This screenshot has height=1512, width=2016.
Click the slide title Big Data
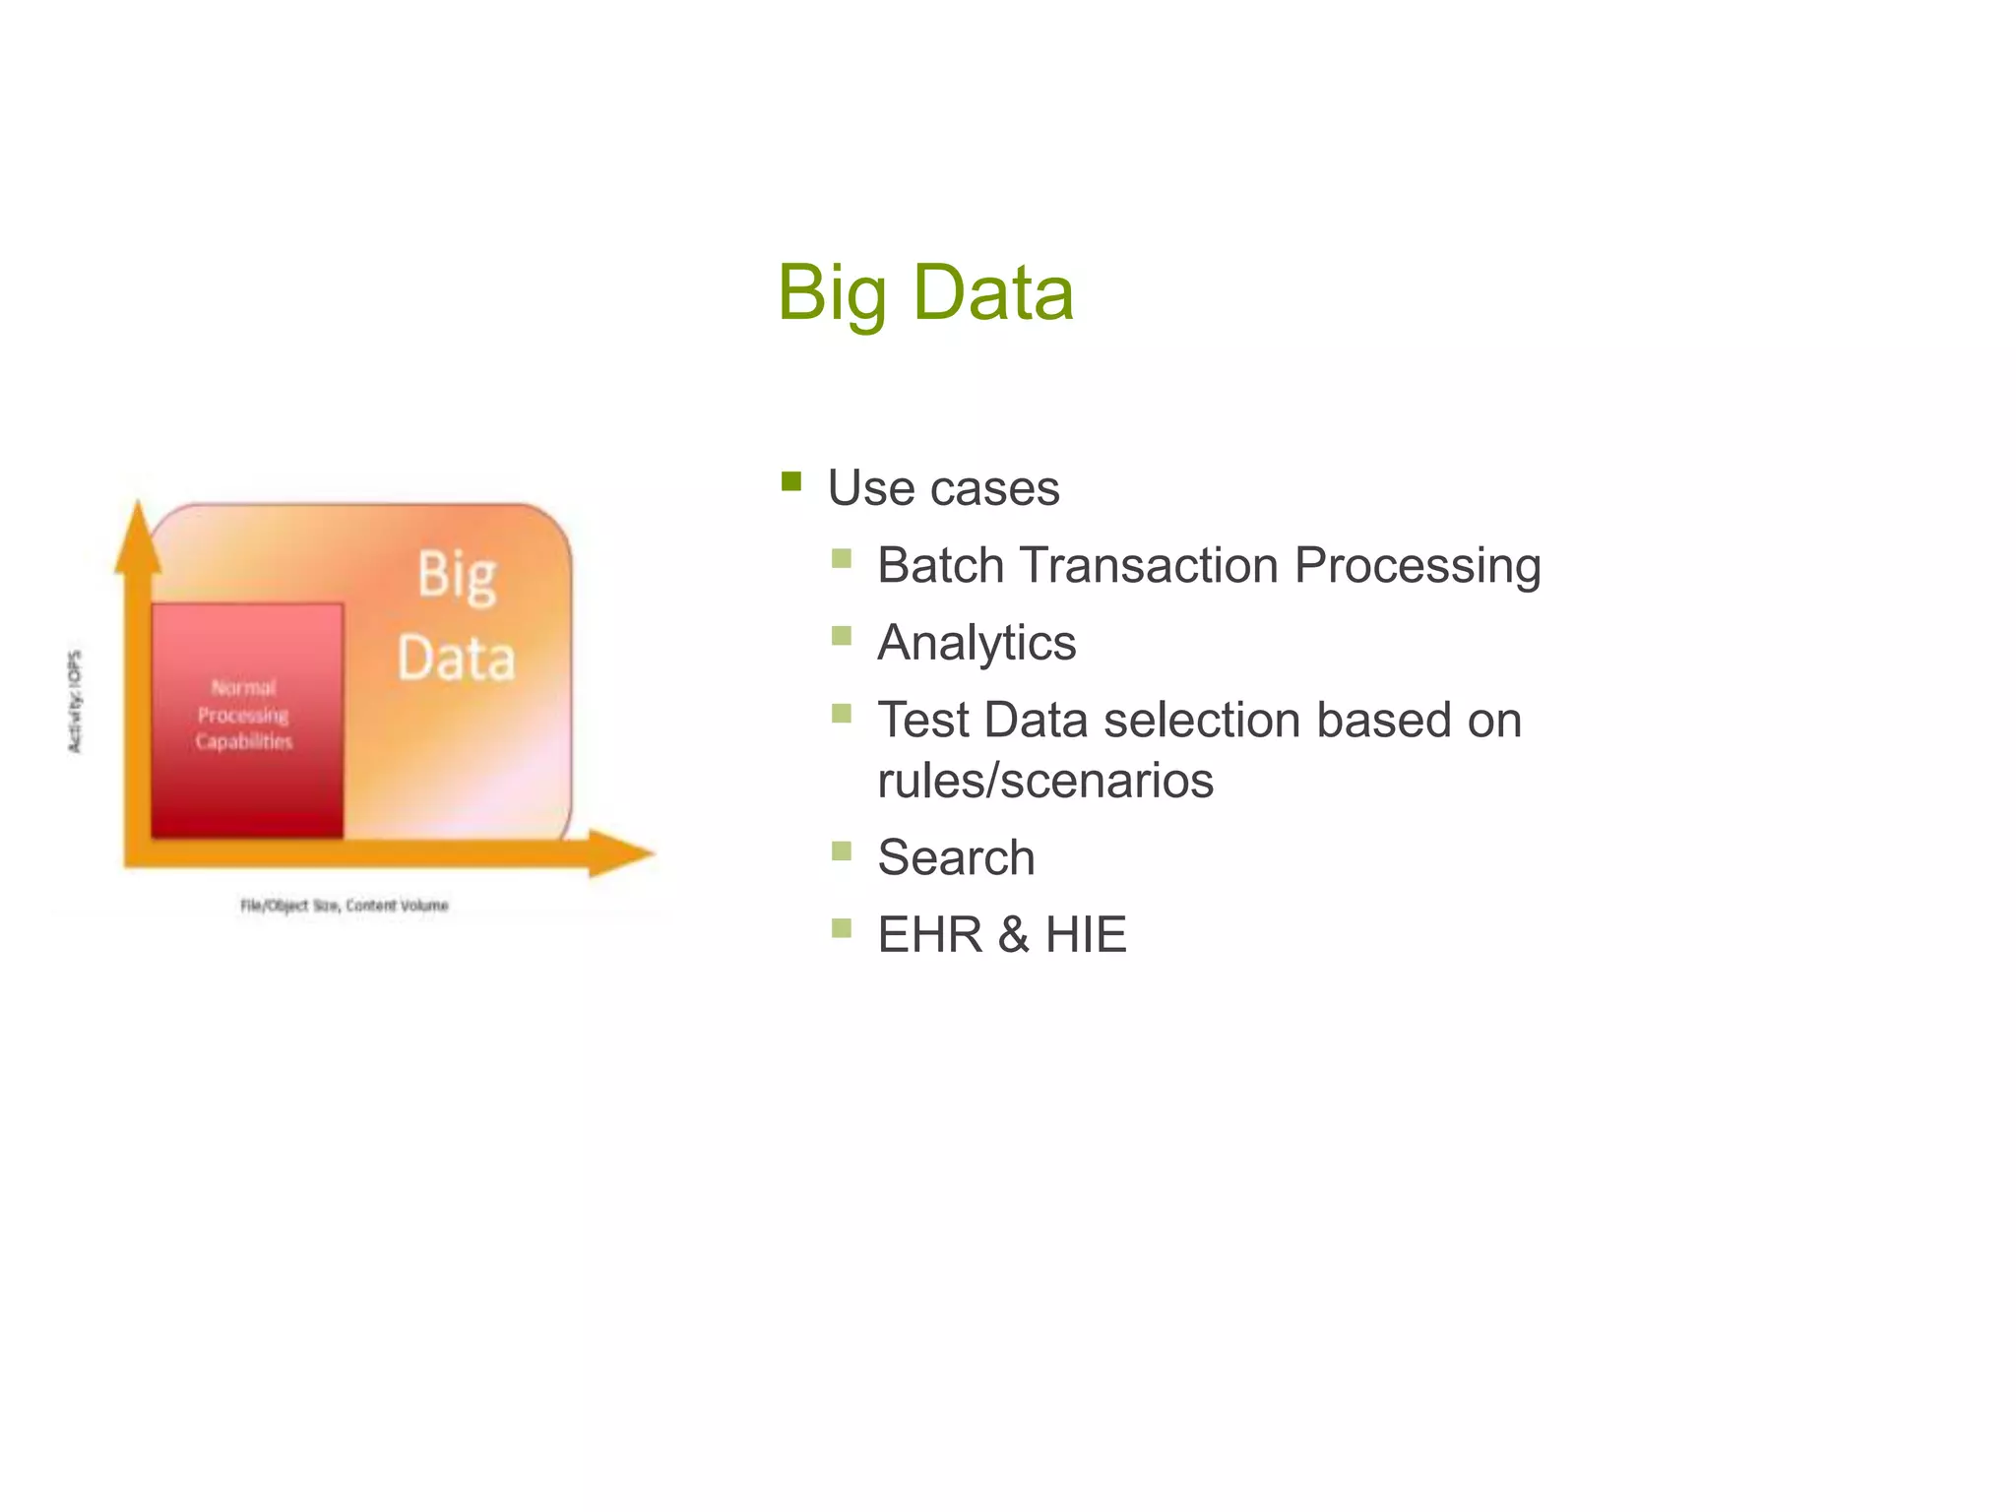pyautogui.click(x=924, y=292)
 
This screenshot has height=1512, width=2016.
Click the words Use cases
pyautogui.click(x=943, y=488)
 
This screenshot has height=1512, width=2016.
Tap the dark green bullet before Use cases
pyautogui.click(x=791, y=481)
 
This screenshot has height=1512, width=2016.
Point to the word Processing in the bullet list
pyautogui.click(x=1417, y=566)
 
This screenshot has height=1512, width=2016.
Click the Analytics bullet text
pyautogui.click(x=976, y=643)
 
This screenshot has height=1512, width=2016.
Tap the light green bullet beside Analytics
pyautogui.click(x=841, y=636)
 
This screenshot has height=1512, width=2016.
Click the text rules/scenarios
pyautogui.click(x=1044, y=781)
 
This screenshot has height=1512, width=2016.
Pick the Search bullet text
pyautogui.click(x=956, y=857)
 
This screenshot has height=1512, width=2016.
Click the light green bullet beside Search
pyautogui.click(x=841, y=850)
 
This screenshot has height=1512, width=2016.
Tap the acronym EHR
pyautogui.click(x=930, y=934)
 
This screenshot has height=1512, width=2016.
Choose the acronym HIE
pyautogui.click(x=1085, y=934)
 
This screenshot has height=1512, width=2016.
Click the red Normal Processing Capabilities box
pyautogui.click(x=246, y=719)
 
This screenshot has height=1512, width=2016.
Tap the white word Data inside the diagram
pyautogui.click(x=456, y=659)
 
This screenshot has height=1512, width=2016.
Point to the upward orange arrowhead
pyautogui.click(x=138, y=536)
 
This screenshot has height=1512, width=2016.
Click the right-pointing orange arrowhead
pyautogui.click(x=620, y=852)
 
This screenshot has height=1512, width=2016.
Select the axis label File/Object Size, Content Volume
pyautogui.click(x=345, y=905)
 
